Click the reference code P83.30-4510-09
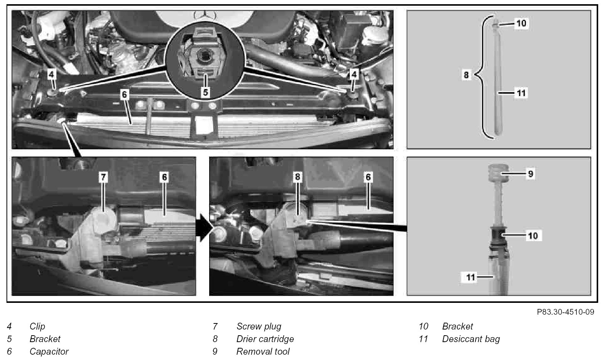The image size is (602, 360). (x=565, y=312)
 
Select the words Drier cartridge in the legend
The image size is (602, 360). (x=265, y=339)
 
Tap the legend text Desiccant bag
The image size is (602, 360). (x=471, y=339)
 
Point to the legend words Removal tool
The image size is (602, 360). (x=263, y=351)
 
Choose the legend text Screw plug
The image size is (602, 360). (x=259, y=326)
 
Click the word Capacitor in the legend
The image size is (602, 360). (x=49, y=351)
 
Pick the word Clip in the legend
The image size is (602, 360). (x=37, y=326)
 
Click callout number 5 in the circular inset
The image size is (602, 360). (x=206, y=92)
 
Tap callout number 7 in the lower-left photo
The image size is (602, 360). (x=103, y=177)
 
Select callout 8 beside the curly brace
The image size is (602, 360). (x=466, y=75)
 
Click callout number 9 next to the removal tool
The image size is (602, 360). (x=530, y=174)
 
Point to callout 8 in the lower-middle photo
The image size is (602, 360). (x=298, y=177)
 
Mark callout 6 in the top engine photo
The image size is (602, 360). (x=124, y=94)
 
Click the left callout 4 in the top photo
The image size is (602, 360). (x=51, y=74)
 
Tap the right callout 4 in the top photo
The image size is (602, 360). (x=354, y=74)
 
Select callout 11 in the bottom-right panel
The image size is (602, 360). (x=471, y=277)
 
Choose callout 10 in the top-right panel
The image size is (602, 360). (x=522, y=23)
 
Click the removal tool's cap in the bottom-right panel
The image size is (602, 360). (x=498, y=173)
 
